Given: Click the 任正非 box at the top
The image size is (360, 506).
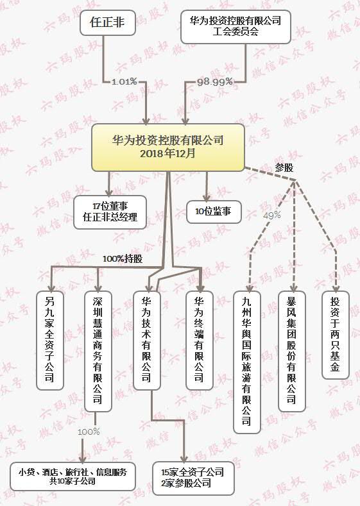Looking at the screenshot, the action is point(108,22).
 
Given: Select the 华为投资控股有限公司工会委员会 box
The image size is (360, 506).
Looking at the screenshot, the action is point(236,27).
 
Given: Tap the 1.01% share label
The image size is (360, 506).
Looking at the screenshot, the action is point(124,81).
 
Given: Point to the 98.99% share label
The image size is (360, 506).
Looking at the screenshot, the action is point(215,82).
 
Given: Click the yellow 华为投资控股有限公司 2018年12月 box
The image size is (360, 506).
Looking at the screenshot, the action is point(168,148).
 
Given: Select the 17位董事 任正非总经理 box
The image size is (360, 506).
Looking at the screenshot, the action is point(110,212).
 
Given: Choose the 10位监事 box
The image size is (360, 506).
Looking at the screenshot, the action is point(214,212).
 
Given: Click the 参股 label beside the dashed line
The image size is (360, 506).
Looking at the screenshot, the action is point(284,168).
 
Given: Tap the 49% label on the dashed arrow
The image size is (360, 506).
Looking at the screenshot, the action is point(272,215).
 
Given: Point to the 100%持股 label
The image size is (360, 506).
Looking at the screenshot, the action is point(123,259).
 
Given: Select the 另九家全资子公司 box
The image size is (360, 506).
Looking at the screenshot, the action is point(49,341).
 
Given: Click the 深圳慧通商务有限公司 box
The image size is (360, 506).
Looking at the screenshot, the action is point(98,351).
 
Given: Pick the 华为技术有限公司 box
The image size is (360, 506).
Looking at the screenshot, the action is point(147,341).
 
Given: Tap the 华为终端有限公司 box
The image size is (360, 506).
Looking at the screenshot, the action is point(200,341).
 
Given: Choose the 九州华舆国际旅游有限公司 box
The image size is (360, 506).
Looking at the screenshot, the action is point(247,362).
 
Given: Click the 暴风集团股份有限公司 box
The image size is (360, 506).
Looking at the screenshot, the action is point(292,351).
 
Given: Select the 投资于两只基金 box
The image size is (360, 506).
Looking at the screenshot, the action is point(336,335).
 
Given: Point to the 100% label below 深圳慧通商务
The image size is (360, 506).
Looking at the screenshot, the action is point(89,432).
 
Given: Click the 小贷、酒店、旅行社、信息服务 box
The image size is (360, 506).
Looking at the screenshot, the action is point(73,477).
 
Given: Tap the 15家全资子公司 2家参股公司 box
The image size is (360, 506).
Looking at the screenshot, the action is point(193,478).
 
